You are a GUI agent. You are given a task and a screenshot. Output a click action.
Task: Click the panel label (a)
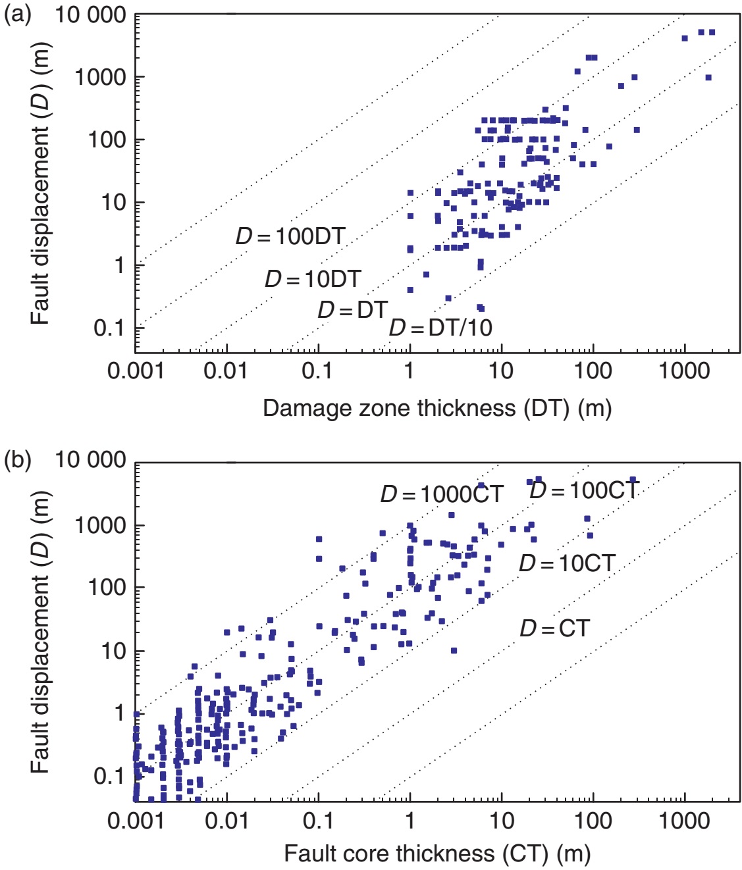[x=18, y=14]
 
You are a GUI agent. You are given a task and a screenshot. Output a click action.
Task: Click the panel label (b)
[x=18, y=459]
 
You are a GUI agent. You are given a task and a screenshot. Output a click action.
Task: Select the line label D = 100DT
[x=290, y=236]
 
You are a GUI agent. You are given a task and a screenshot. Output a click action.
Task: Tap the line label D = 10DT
[x=313, y=279]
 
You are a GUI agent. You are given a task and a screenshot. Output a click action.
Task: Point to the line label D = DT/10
[x=440, y=327]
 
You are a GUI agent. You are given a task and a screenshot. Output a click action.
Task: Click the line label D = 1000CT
[x=442, y=494]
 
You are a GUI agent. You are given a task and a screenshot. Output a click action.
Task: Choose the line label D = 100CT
[x=584, y=490]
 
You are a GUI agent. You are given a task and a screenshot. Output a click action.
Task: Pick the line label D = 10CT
[x=567, y=563]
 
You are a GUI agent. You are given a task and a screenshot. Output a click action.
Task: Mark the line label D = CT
[x=554, y=628]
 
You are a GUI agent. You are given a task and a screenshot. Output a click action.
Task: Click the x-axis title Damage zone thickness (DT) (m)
[x=437, y=408]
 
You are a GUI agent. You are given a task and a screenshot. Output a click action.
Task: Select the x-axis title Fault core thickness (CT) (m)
[x=437, y=854]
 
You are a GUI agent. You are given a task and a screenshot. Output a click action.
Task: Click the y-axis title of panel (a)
[x=40, y=184]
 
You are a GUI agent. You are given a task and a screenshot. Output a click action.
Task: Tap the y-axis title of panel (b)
[x=40, y=631]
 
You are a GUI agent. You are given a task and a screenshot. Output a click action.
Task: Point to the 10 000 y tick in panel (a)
[x=90, y=14]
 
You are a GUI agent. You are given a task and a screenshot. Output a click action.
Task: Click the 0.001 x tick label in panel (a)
[x=136, y=371]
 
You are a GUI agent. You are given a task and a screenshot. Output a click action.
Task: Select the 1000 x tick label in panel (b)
[x=685, y=821]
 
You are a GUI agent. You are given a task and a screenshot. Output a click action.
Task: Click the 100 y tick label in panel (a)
[x=108, y=140]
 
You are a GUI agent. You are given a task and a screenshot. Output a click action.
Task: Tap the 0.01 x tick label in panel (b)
[x=226, y=821]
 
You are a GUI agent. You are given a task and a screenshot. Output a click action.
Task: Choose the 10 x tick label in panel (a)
[x=501, y=371]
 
